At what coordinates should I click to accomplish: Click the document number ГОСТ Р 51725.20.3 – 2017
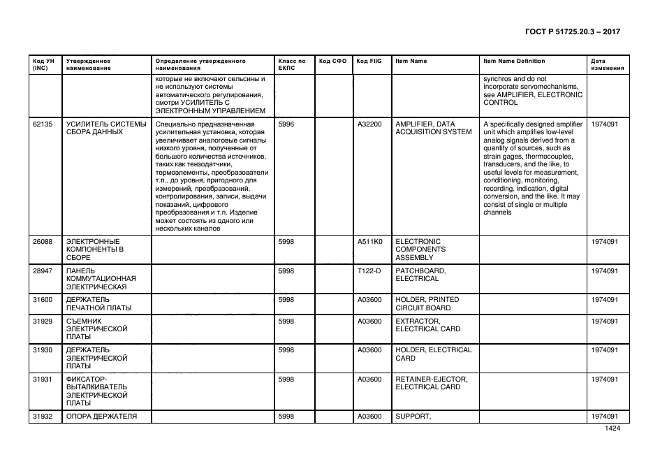[572, 32]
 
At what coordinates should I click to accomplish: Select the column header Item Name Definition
[514, 62]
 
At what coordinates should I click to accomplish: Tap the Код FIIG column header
[369, 62]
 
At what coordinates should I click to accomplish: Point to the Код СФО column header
[332, 62]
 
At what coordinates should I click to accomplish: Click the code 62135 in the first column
[42, 124]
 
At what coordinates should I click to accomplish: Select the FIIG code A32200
[369, 124]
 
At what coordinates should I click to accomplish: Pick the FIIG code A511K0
[369, 241]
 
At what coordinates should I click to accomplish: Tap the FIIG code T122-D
[369, 270]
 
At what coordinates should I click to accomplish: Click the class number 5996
[286, 124]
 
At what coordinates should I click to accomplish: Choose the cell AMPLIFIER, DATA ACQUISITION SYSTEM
[434, 128]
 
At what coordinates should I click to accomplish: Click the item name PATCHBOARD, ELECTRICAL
[421, 275]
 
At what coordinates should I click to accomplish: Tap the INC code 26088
[42, 241]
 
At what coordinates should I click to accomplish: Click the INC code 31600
[42, 300]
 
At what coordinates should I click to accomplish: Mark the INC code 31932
[42, 417]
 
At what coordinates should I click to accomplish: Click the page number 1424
[612, 429]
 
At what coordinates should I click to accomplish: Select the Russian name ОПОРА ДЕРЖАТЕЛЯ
[101, 417]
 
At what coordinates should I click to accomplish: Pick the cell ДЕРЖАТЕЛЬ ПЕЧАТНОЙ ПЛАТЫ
[98, 304]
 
